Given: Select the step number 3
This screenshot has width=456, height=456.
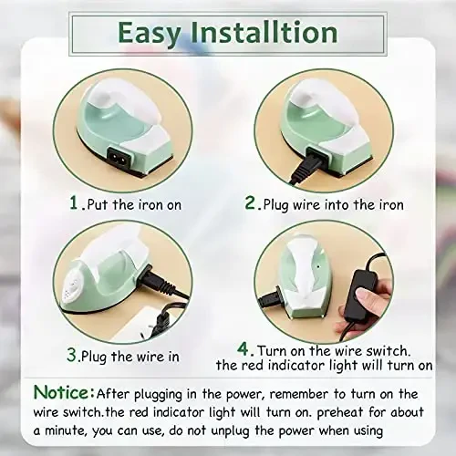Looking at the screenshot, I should (71, 351).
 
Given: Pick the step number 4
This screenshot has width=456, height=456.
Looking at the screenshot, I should (244, 347).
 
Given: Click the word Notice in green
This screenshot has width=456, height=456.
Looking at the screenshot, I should (63, 392).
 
